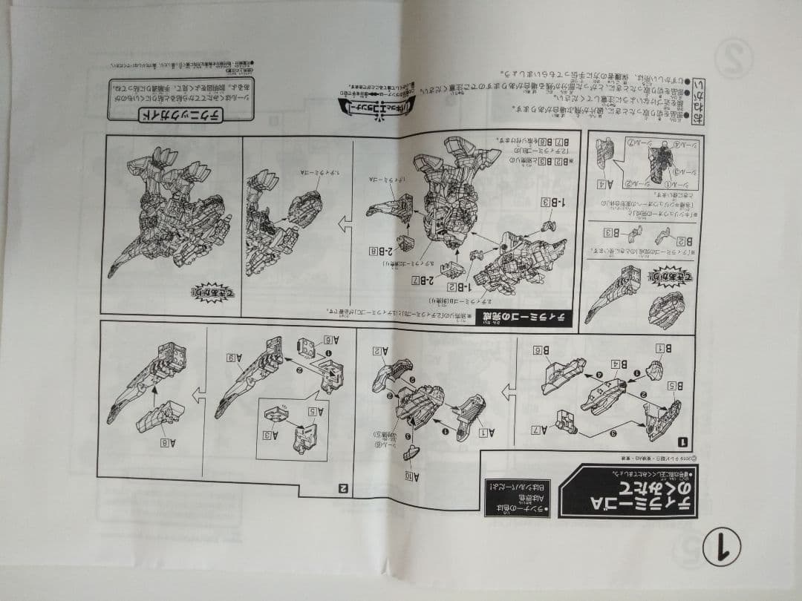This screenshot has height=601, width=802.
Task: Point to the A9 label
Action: coord(235,358)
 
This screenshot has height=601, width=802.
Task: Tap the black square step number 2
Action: coord(343,487)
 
